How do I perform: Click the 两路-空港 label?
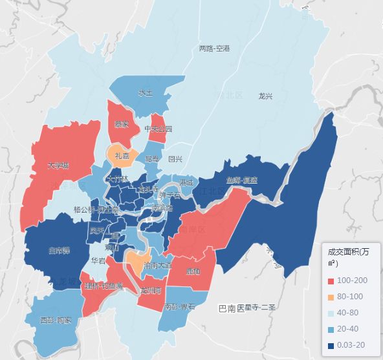tap(214, 48)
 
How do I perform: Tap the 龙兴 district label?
tap(265, 96)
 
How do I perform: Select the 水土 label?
tap(146, 93)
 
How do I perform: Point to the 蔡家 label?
tap(122, 124)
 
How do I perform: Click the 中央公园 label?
tap(158, 129)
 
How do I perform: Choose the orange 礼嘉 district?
tap(122, 156)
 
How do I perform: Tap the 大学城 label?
tap(58, 165)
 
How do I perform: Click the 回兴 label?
tap(175, 159)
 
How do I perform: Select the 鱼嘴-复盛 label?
tap(242, 180)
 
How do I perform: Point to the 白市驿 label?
tap(60, 249)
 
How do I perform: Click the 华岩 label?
tap(98, 261)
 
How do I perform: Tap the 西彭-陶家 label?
tap(55, 320)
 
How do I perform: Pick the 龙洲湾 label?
tap(150, 291)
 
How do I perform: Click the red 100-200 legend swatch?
tap(332, 281)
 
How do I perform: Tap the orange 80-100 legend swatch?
tap(332, 297)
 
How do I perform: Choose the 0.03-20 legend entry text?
tap(351, 346)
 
